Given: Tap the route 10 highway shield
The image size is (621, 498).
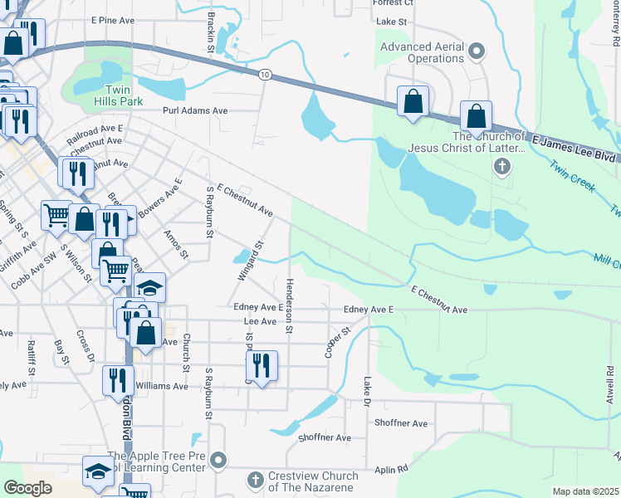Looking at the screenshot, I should (x=264, y=75).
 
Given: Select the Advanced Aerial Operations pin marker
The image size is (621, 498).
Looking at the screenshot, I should (x=477, y=51).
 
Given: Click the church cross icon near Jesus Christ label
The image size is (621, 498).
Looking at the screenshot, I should (x=501, y=167).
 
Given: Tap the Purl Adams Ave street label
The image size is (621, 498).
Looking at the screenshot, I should (x=195, y=110).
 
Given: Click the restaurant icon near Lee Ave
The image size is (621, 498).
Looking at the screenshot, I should (x=262, y=364).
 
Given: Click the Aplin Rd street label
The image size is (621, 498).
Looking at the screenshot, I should (x=392, y=469).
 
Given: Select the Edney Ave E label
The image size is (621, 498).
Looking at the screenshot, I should (x=368, y=310).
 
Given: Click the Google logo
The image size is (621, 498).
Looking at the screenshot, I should (x=28, y=488).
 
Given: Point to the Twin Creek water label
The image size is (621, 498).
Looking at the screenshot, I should (x=572, y=175).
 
